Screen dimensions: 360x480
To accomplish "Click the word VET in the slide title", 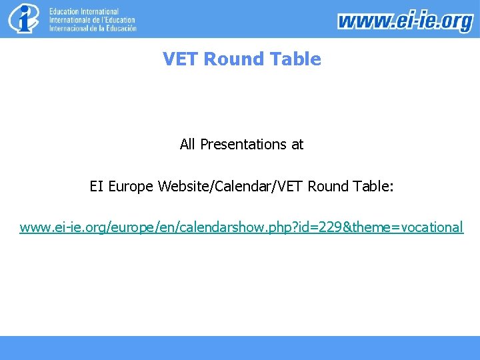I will (181, 59).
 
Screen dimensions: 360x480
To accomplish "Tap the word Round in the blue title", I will (231, 59).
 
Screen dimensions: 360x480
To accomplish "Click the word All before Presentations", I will (187, 144).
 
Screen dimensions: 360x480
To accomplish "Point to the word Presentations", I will (242, 144).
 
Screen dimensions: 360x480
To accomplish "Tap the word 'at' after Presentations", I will (297, 144).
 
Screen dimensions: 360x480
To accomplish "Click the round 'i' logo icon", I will (24, 19).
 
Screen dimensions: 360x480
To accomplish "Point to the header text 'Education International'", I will (84, 12).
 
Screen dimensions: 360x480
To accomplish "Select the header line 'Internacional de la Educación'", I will (93, 28).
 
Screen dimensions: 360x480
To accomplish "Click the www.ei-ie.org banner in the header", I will (405, 21).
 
